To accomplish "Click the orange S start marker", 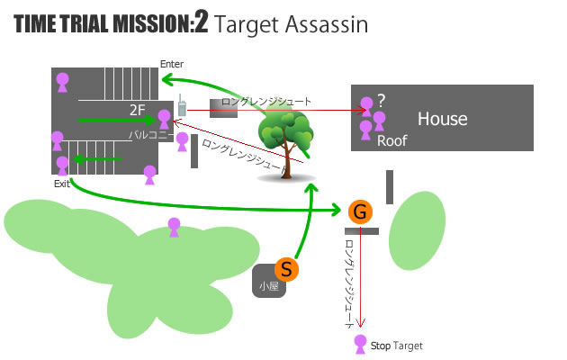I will pyautogui.click(x=285, y=268).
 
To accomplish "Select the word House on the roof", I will pyautogui.click(x=442, y=119).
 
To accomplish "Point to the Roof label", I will pyautogui.click(x=392, y=141).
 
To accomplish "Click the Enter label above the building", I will pyautogui.click(x=171, y=64).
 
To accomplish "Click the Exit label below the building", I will pyautogui.click(x=61, y=184).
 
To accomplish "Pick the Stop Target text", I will pyautogui.click(x=396, y=346).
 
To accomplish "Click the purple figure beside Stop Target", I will pyautogui.click(x=361, y=344).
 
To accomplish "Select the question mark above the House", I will pyautogui.click(x=382, y=100).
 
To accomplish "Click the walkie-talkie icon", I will pyautogui.click(x=180, y=106).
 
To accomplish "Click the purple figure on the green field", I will pyautogui.click(x=174, y=227).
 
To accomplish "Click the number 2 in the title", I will pyautogui.click(x=201, y=24).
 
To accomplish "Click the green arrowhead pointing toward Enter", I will pyautogui.click(x=166, y=79).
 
